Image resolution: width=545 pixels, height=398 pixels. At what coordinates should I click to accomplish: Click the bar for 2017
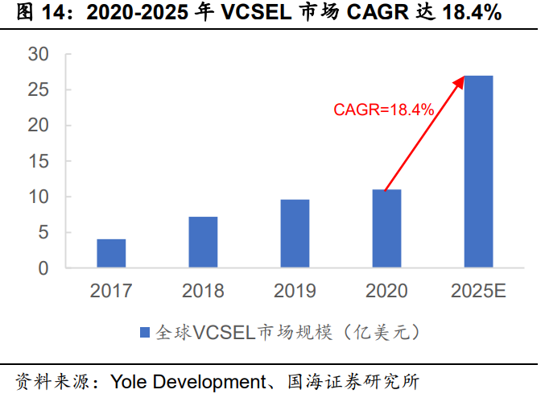[111, 253]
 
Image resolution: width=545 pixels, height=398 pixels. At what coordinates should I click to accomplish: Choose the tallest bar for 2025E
[478, 171]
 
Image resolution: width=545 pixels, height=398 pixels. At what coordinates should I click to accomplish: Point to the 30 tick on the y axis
[39, 55]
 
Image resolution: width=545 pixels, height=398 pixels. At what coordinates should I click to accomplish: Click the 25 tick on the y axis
[39, 90]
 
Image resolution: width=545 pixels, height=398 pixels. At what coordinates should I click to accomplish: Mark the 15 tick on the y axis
[39, 161]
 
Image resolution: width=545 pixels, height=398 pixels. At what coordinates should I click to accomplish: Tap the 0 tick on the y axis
[44, 268]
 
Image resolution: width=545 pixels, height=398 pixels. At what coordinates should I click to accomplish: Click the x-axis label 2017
[111, 291]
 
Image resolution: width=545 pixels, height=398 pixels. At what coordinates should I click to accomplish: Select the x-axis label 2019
[295, 291]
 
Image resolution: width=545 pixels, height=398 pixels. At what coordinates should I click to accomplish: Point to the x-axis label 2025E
[478, 291]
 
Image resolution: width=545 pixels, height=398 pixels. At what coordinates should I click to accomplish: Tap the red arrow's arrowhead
[460, 79]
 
